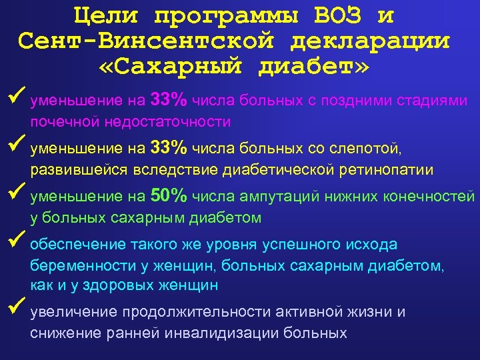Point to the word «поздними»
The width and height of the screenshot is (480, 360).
coord(347,101)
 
